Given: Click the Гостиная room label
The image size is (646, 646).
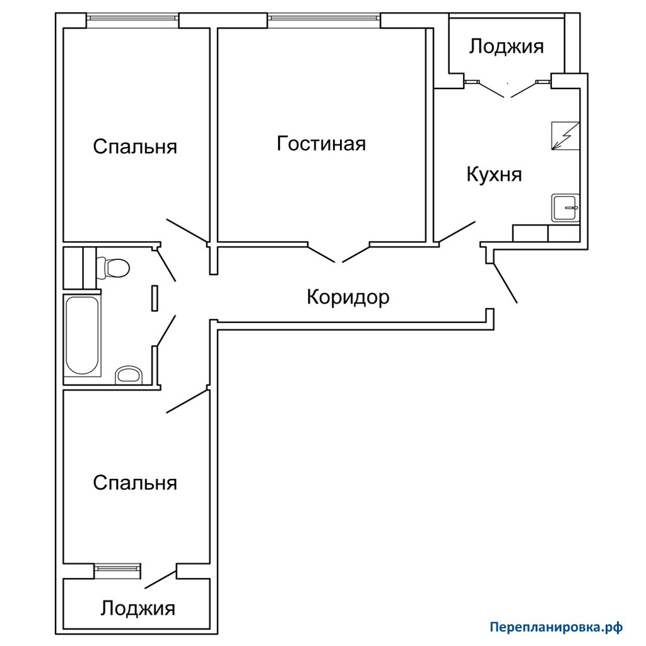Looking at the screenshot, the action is tap(321, 144).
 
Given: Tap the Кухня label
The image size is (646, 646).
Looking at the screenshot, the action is tap(494, 174).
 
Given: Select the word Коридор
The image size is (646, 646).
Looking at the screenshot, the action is tap(348, 297).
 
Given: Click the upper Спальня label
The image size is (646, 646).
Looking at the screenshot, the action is tap(135, 146).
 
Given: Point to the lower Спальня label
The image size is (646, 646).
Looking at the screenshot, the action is tap(135, 483).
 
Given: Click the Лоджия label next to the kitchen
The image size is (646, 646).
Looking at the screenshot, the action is tap(507, 46).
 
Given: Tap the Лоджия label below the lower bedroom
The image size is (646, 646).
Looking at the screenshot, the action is tap(138, 608).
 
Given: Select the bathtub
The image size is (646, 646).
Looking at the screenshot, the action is tap(83, 335).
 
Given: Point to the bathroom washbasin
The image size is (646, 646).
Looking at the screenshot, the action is tap(129, 375).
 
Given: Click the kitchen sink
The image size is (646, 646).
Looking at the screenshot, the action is tap(565, 208).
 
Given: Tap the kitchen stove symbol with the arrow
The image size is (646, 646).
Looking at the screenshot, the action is tap(565, 136).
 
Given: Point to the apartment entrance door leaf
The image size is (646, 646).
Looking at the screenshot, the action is tap(505, 283).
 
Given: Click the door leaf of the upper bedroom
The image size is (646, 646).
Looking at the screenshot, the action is tap(187, 231).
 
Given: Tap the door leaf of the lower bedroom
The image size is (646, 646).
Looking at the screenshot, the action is tap(187, 401).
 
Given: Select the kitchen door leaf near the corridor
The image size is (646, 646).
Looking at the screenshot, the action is tap(457, 232).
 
